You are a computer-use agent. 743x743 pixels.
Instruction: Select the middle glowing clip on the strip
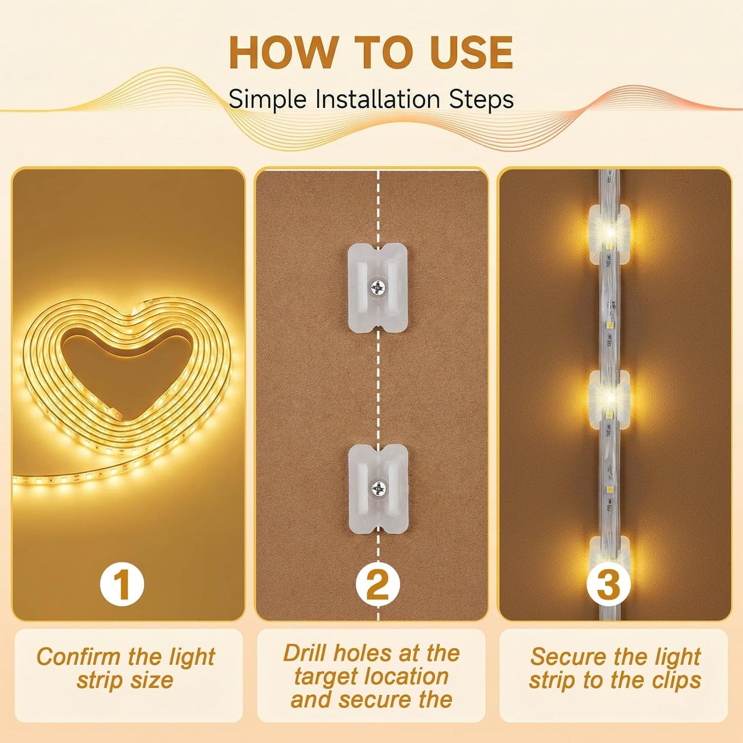point(609,400)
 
